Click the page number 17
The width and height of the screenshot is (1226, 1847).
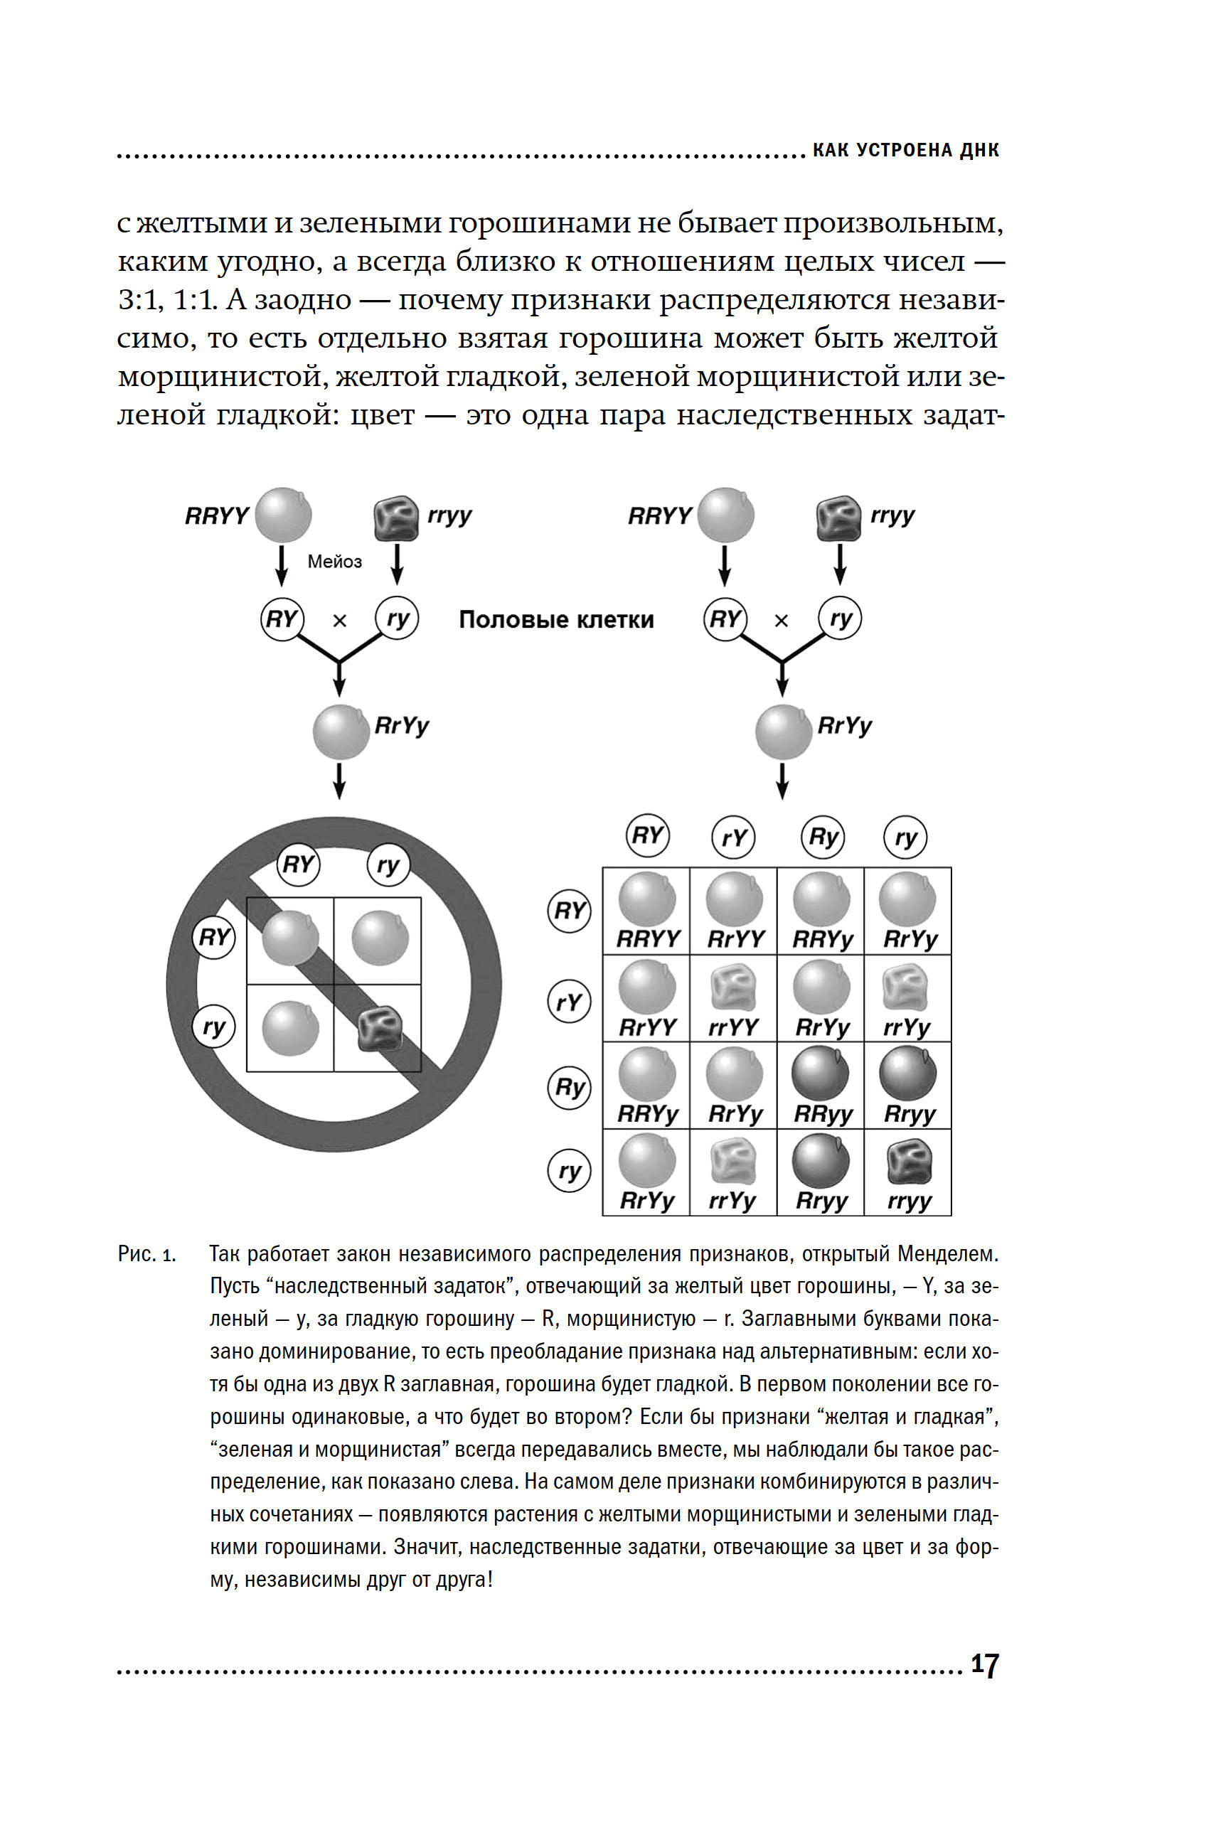[984, 1664]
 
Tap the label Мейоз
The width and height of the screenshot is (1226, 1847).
[335, 561]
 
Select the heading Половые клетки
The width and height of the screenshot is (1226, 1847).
[556, 620]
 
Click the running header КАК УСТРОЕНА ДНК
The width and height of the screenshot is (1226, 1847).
[905, 150]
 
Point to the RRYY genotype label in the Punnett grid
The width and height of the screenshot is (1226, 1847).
[648, 938]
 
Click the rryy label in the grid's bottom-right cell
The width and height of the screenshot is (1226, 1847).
[909, 1201]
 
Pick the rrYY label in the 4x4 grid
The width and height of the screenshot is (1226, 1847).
[733, 1027]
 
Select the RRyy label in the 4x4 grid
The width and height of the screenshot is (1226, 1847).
[822, 1114]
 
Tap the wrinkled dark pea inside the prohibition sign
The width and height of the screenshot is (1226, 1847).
[380, 1028]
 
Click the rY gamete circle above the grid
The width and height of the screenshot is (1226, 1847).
[733, 838]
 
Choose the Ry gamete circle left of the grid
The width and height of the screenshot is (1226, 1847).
[568, 1087]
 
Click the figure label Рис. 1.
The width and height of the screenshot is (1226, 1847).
[147, 1255]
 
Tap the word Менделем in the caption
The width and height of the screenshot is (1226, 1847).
[948, 1255]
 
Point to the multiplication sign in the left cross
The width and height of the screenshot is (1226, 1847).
[339, 621]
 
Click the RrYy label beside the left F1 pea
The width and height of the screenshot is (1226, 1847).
[402, 725]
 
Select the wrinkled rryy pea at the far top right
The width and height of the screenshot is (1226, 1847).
[838, 518]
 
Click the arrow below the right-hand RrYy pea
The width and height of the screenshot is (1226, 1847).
[782, 780]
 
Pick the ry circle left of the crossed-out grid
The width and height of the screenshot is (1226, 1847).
[213, 1027]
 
